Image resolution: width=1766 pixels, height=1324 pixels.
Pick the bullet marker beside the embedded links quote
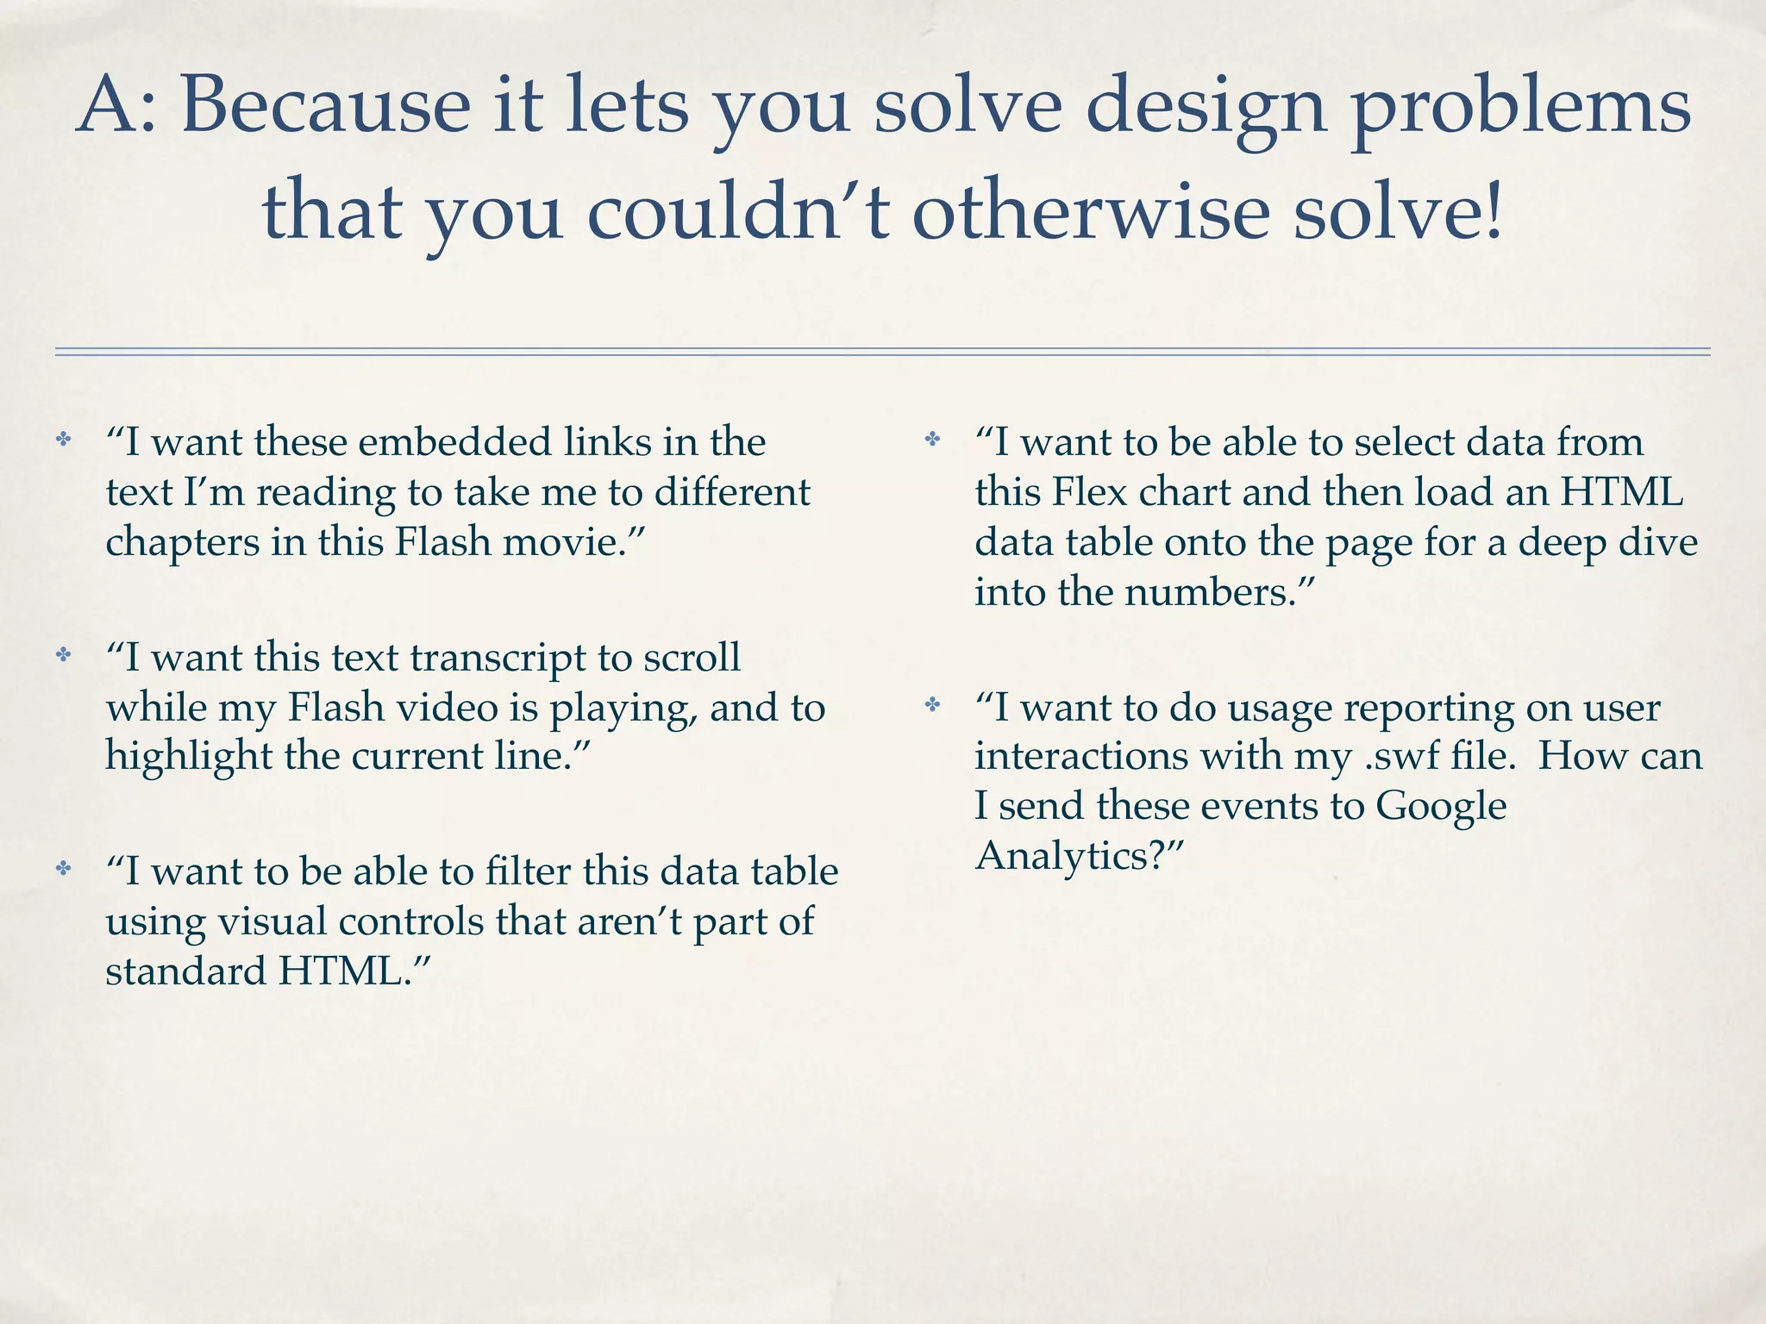pos(63,440)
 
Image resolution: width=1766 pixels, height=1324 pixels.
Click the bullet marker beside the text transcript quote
pos(63,655)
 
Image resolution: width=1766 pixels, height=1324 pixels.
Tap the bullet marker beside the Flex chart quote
pos(932,440)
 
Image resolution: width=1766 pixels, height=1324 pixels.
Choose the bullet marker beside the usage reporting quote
pos(932,706)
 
